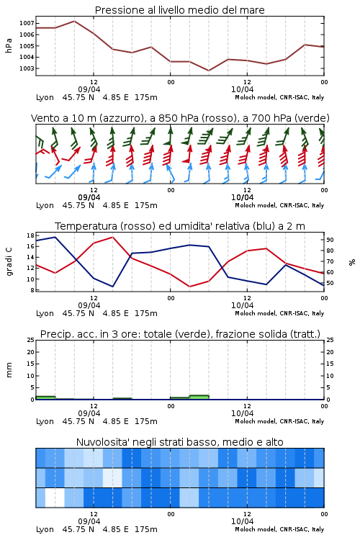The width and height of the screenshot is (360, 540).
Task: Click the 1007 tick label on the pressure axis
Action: click(x=27, y=23)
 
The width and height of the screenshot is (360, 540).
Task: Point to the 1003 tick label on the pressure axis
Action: click(x=27, y=68)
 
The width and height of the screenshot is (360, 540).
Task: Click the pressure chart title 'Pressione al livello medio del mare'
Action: click(x=180, y=10)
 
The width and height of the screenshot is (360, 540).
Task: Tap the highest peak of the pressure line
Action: click(x=74, y=21)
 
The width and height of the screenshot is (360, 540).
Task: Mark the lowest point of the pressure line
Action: click(x=208, y=71)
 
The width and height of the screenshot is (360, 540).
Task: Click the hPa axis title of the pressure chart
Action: click(x=9, y=46)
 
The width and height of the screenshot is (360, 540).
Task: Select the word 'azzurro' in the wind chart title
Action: click(x=120, y=119)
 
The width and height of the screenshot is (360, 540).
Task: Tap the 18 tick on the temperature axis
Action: click(x=30, y=235)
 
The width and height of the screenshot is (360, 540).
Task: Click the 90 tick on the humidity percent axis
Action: click(x=330, y=240)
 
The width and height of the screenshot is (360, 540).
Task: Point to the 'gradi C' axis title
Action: click(x=9, y=262)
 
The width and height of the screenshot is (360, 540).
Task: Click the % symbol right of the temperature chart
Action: click(x=352, y=262)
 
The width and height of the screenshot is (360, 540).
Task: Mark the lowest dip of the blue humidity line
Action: click(x=112, y=287)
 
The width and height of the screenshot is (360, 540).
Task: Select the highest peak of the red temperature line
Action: click(x=112, y=237)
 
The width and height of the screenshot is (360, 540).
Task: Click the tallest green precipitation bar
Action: click(x=199, y=397)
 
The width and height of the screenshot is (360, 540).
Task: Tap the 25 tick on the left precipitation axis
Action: click(x=30, y=340)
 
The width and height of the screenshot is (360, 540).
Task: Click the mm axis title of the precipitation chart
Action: click(x=9, y=370)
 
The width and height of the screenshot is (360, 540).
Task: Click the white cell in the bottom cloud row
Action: click(x=55, y=498)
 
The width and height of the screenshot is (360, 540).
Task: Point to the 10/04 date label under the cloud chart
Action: click(x=242, y=521)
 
